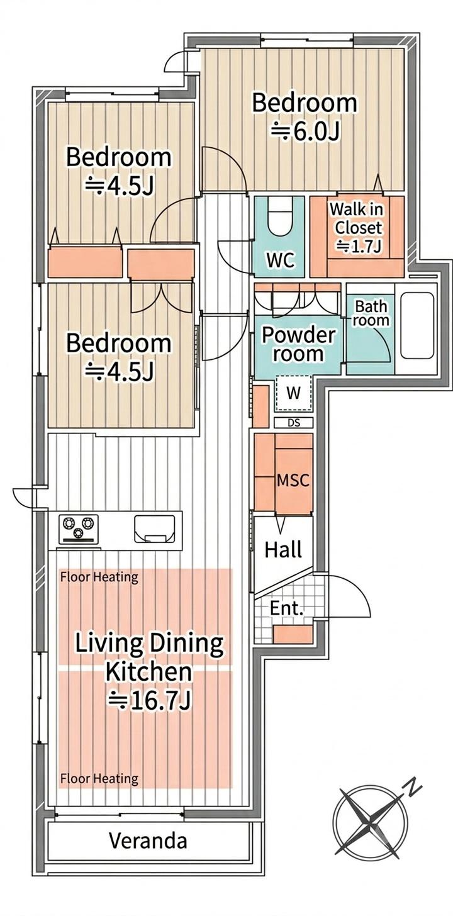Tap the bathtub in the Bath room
click(x=417, y=325)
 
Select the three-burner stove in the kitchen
click(x=79, y=529)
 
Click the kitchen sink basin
click(x=155, y=528)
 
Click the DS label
click(x=294, y=423)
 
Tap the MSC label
click(x=293, y=480)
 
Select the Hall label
click(x=283, y=550)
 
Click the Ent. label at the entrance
click(x=287, y=608)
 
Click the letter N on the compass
click(x=414, y=786)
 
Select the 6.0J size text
click(x=305, y=131)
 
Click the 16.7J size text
click(x=149, y=701)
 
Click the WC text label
click(x=281, y=260)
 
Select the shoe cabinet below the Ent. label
click(x=293, y=634)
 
